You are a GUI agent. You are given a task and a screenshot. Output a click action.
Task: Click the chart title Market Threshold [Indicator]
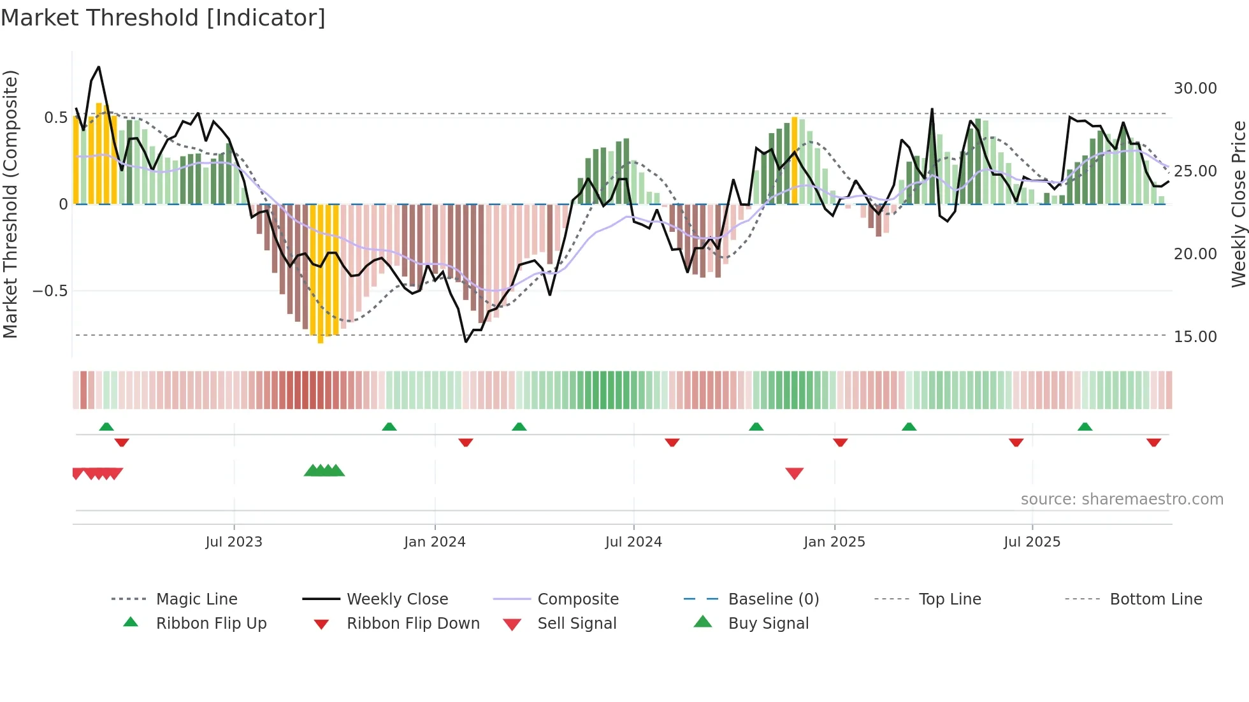(x=163, y=18)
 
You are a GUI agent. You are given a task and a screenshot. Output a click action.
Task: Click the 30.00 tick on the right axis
(x=1195, y=89)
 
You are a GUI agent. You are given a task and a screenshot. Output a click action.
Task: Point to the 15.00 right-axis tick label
(x=1195, y=337)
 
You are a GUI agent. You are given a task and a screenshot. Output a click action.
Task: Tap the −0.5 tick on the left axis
(x=50, y=291)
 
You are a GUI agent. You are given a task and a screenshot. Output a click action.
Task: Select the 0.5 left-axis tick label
(x=55, y=118)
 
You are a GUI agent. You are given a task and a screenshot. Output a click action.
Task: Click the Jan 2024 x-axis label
(x=435, y=542)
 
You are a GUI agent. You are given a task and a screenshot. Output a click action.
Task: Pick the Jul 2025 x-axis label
(x=1032, y=542)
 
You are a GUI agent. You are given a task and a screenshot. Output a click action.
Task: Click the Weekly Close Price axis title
(x=1238, y=204)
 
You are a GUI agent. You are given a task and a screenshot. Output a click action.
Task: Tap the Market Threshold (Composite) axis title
(x=10, y=204)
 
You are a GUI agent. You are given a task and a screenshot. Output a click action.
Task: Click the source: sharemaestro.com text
(x=1122, y=499)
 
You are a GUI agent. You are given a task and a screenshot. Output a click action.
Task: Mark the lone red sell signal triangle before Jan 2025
(x=794, y=473)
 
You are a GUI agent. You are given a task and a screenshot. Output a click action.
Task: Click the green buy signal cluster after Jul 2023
(x=324, y=471)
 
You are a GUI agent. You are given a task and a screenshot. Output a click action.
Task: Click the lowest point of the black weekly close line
(x=466, y=342)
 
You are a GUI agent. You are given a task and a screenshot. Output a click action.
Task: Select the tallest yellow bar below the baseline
(x=321, y=274)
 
